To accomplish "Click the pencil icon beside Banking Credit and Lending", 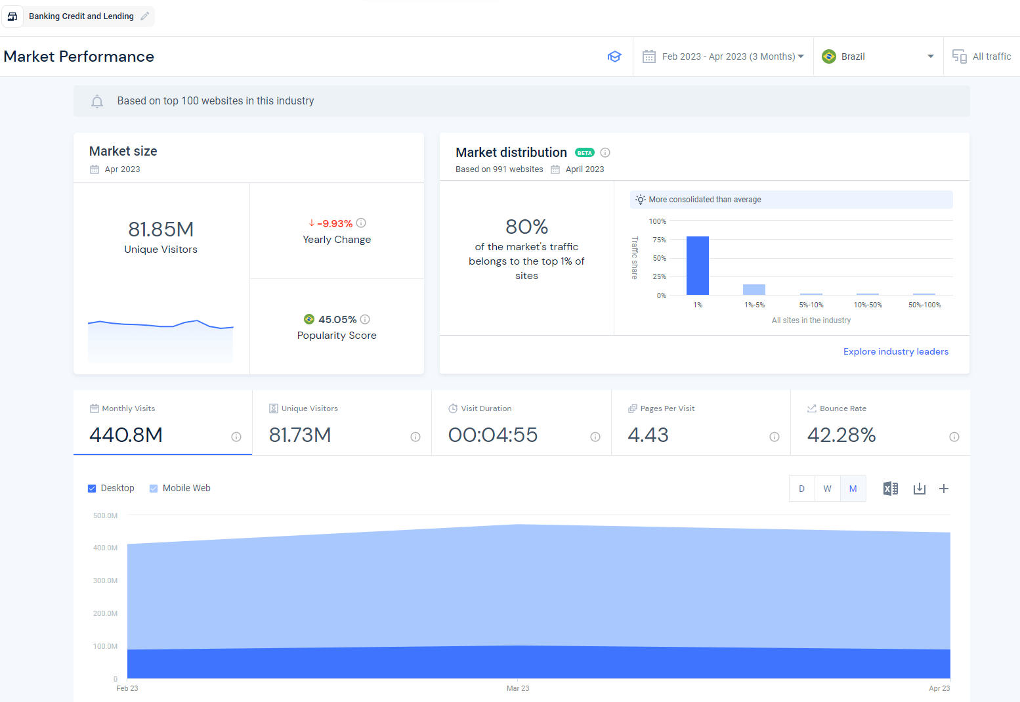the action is (x=145, y=16).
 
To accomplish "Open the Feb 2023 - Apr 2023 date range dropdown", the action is (x=723, y=56).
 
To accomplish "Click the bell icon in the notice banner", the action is (x=97, y=101).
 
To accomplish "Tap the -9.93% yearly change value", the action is (x=335, y=224).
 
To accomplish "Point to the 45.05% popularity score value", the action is (x=337, y=319).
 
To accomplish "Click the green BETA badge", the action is (x=584, y=152).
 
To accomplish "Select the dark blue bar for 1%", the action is (x=698, y=265).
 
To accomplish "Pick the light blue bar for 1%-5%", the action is (x=754, y=290).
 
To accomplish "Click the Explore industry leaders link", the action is (x=896, y=351).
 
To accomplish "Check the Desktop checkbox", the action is (x=92, y=489).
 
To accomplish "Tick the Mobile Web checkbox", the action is (x=154, y=489).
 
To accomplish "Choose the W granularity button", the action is (x=827, y=489).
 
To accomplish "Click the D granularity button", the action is (x=801, y=489).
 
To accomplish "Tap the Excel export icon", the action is (x=890, y=489).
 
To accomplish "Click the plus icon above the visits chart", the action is (x=944, y=489).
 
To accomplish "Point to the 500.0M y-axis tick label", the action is (x=105, y=516).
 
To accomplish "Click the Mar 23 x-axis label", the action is (x=518, y=688).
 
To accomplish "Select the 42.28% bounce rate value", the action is (x=841, y=435).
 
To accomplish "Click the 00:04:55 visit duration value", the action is (x=493, y=435).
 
